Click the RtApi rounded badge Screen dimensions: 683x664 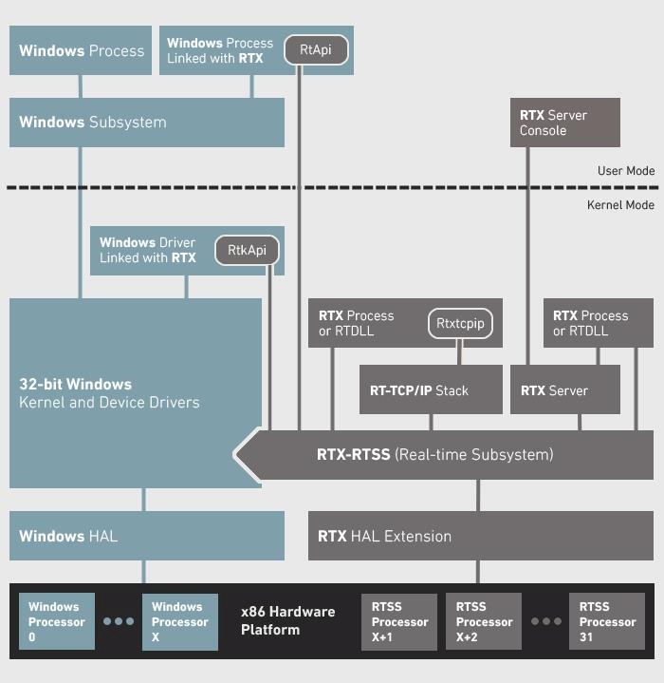coord(315,50)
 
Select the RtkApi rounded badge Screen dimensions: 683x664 coord(247,250)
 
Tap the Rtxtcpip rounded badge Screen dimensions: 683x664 coord(460,323)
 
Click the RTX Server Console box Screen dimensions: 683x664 coord(565,123)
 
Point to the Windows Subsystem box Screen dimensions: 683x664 coord(147,123)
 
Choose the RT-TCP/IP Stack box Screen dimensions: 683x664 coord(431,390)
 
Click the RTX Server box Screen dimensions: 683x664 coord(565,390)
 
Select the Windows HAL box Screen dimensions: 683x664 coord(147,536)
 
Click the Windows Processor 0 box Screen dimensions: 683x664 coord(56,621)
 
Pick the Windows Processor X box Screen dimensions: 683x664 coord(179,621)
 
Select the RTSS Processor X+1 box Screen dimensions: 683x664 coord(399,621)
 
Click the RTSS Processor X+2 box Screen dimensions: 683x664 coord(484,621)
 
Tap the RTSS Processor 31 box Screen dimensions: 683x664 coord(607,621)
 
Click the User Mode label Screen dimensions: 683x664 coord(626,171)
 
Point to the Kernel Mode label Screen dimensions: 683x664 coord(621,205)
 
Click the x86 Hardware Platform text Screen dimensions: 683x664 coord(287,620)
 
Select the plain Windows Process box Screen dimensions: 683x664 coord(81,50)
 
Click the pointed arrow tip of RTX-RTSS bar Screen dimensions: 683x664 coord(238,454)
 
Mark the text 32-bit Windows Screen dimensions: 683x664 coord(76,385)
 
